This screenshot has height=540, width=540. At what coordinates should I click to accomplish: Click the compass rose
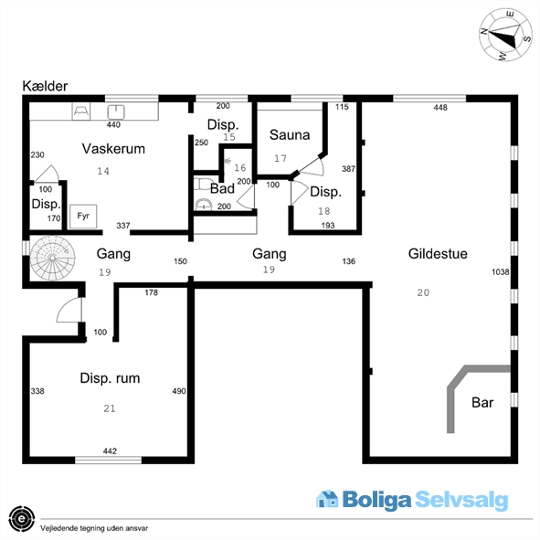(505, 35)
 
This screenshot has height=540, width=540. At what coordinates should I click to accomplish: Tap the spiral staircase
(52, 258)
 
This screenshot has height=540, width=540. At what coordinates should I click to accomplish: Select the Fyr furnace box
(83, 217)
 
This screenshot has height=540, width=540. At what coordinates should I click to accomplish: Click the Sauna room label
(290, 134)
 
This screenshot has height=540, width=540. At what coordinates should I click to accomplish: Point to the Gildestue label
(438, 254)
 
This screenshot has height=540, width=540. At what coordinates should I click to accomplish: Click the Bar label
(482, 402)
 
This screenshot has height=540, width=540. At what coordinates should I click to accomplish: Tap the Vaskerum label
(113, 149)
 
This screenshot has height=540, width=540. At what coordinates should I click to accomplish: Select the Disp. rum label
(110, 378)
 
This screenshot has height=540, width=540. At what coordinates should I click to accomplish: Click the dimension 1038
(500, 272)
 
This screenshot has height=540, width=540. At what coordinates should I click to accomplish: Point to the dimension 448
(440, 108)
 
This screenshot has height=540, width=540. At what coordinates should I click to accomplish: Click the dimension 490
(179, 391)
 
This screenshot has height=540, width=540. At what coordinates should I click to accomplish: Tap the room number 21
(110, 408)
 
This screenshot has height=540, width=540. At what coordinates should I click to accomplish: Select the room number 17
(281, 158)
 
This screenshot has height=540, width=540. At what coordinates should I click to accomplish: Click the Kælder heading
(45, 86)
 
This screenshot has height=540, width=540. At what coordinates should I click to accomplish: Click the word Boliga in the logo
(376, 500)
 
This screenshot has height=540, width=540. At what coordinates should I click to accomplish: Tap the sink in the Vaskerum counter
(116, 111)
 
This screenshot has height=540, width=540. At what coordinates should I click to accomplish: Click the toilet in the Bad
(202, 184)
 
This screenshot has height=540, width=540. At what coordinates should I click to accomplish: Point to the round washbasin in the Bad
(204, 205)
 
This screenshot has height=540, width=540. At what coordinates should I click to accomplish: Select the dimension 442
(110, 450)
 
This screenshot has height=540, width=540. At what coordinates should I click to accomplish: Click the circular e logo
(22, 519)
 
